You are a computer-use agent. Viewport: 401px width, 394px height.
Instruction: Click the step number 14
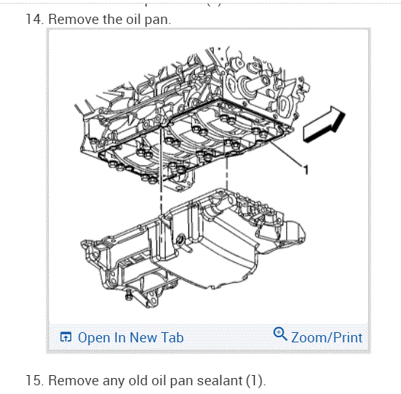34,19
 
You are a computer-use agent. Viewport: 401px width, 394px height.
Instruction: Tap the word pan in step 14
157,20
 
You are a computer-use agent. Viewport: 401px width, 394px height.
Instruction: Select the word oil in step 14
132,19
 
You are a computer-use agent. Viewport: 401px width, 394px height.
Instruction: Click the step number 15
34,380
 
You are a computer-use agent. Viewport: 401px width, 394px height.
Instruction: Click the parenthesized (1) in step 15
254,381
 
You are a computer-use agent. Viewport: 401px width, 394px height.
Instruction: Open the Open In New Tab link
131,337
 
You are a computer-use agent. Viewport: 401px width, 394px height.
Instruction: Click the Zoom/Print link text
327,337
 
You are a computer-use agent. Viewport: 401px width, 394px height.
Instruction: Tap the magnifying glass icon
280,334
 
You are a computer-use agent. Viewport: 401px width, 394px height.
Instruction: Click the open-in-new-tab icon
65,337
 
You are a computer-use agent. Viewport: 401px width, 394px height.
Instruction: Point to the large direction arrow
325,124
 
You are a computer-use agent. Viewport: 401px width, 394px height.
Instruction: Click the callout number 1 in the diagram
306,169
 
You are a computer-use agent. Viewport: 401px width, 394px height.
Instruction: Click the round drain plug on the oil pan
180,239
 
